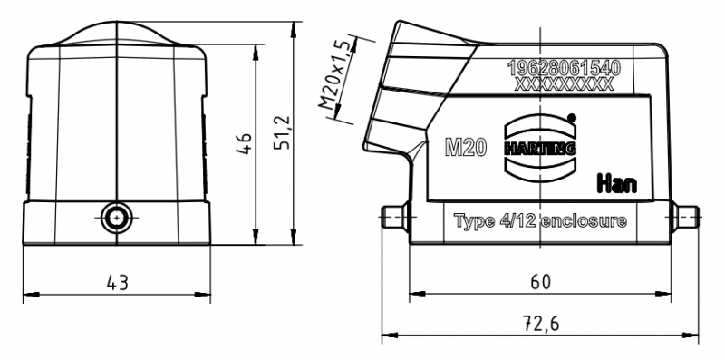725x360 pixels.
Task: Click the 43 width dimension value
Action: point(117,282)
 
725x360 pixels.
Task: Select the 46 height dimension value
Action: point(244,144)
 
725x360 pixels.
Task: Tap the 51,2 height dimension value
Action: point(282,132)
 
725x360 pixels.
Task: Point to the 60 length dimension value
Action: point(540,282)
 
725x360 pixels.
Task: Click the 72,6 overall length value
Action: point(540,324)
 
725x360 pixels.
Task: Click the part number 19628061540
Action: point(564,69)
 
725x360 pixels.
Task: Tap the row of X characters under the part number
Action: point(564,84)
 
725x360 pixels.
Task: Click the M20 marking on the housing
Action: point(466,148)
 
